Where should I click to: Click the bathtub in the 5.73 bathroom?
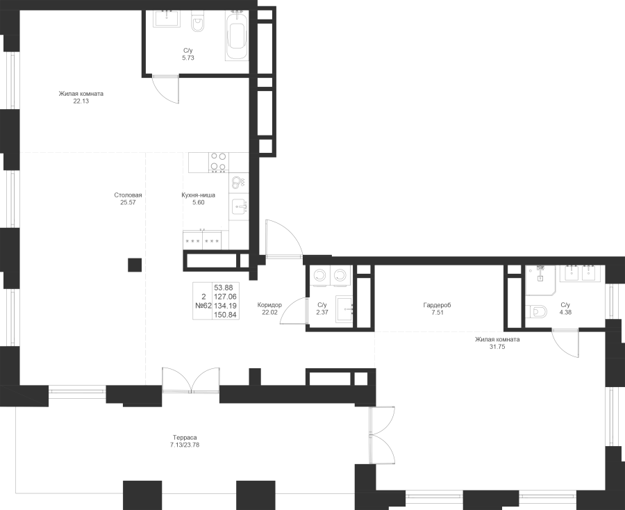pos(237,35)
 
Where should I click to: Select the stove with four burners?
pos(219,163)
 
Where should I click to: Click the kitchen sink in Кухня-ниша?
pos(240,207)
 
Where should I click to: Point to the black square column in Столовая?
pos(135,265)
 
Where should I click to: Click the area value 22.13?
pos(81,101)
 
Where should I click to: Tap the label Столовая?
pos(128,195)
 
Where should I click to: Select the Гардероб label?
pos(437,306)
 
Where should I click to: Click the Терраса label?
pos(185,438)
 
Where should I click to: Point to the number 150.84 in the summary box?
pos(226,315)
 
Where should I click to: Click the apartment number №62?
pos(203,306)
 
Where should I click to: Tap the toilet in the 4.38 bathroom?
pos(535,311)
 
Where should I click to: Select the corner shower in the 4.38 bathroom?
pos(540,280)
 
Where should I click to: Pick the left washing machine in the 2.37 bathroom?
pos(319,276)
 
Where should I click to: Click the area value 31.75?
pos(497,347)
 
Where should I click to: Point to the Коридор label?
pos(269,305)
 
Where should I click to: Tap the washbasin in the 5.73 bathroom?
pos(167,19)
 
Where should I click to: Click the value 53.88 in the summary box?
pos(226,288)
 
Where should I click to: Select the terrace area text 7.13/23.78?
pos(185,445)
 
